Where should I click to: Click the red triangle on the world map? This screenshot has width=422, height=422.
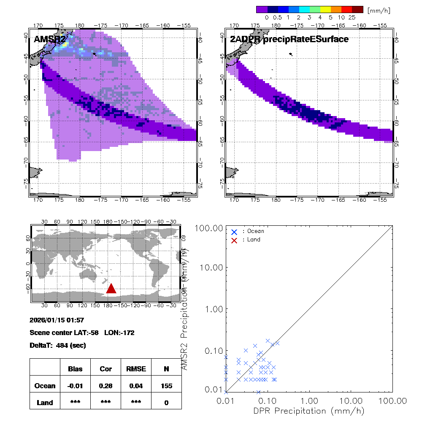[x=111, y=289]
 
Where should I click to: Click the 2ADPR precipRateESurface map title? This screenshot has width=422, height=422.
[x=289, y=39]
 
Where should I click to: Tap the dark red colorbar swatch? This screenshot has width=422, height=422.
[x=357, y=9]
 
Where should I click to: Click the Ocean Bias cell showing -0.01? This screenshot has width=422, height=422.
[x=76, y=386]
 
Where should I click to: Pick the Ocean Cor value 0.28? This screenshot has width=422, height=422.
[x=105, y=386]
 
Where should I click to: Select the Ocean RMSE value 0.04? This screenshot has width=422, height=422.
[x=135, y=386]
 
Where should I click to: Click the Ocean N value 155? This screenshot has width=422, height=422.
[x=166, y=386]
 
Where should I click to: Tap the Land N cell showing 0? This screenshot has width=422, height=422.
[x=166, y=403]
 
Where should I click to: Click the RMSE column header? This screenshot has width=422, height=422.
[x=135, y=369]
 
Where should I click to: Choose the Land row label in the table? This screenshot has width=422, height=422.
[x=45, y=403]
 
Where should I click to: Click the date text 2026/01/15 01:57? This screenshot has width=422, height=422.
[x=57, y=320]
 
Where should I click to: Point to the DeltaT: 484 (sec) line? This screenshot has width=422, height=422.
[x=58, y=345]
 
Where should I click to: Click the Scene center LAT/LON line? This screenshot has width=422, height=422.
[x=82, y=333]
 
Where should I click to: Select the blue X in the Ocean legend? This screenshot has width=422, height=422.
[x=234, y=232]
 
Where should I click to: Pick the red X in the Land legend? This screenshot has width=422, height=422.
[x=234, y=240]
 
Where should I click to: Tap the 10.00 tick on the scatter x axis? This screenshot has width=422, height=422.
[x=351, y=400]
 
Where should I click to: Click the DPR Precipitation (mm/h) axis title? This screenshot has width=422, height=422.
[x=308, y=411]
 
